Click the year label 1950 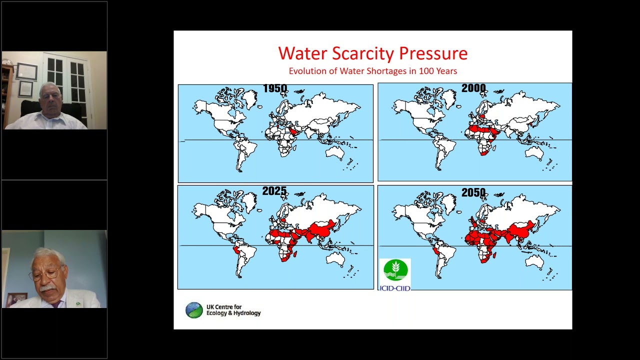[275, 89]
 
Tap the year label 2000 [473, 88]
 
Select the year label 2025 [274, 191]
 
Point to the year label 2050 [473, 192]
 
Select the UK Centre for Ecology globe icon [194, 310]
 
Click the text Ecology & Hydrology [233, 313]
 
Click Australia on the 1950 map [335, 152]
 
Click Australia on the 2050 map [534, 261]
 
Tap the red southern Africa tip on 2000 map [482, 150]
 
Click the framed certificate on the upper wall [26, 71]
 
